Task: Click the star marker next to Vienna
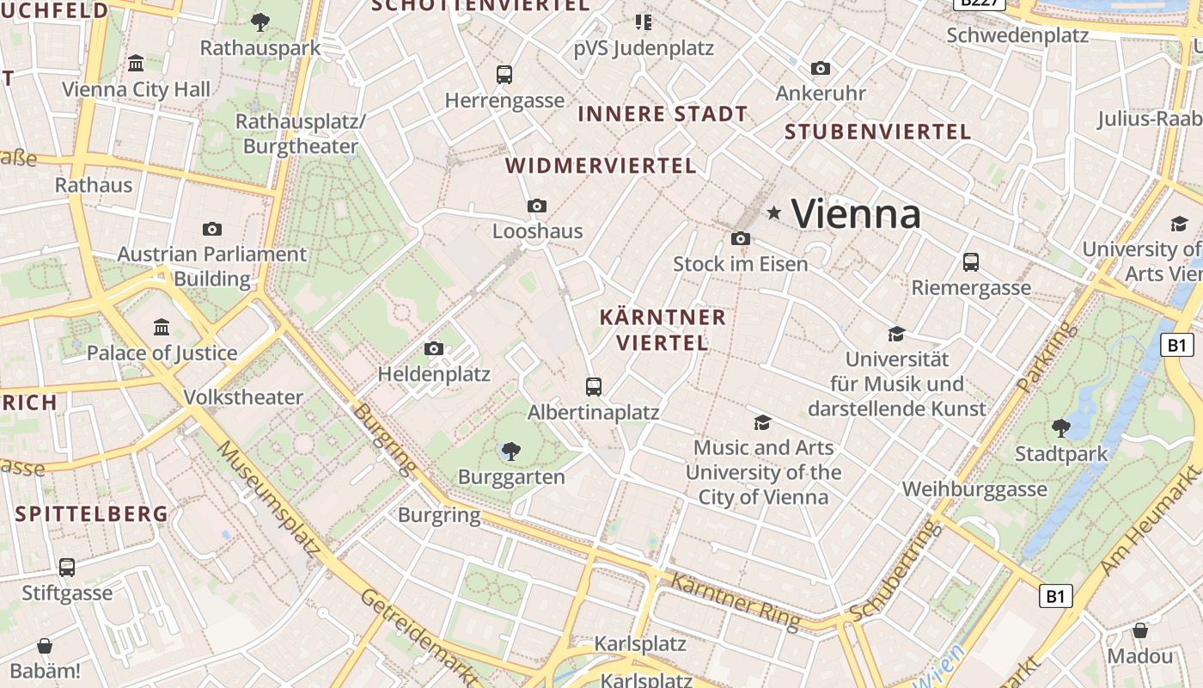(x=774, y=212)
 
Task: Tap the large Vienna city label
(x=856, y=213)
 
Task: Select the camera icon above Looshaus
(x=537, y=206)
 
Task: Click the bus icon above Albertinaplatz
(x=594, y=387)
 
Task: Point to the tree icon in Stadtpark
(x=1061, y=427)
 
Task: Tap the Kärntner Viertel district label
(x=663, y=329)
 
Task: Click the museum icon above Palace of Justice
(x=162, y=328)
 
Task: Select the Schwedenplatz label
(x=1017, y=35)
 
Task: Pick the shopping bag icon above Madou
(x=1140, y=631)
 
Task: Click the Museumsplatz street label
(x=268, y=495)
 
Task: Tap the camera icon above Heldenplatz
(x=434, y=349)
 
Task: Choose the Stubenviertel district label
(x=877, y=132)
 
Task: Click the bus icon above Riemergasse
(x=971, y=262)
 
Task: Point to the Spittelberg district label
(x=92, y=514)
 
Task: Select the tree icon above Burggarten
(x=511, y=451)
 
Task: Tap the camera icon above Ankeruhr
(x=821, y=68)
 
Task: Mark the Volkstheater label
(x=244, y=397)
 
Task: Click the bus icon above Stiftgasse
(x=67, y=568)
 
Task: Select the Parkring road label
(x=1046, y=356)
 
